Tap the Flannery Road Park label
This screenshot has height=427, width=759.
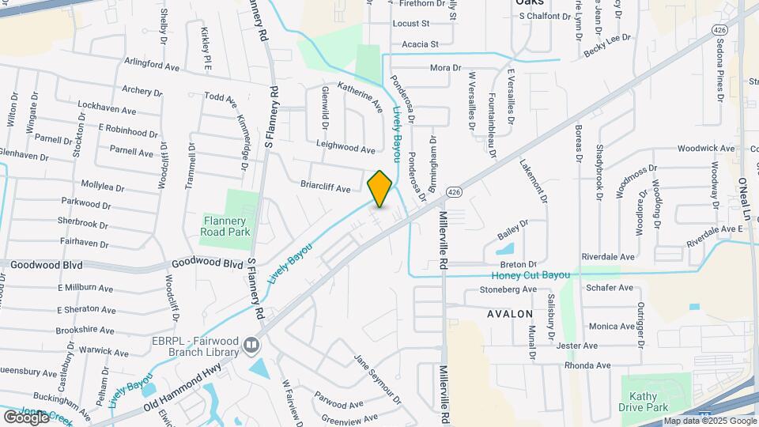click(226, 226)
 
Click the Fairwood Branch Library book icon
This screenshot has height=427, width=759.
click(251, 345)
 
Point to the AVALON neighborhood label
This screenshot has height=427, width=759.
click(510, 314)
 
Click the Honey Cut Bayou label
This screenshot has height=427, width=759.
click(531, 276)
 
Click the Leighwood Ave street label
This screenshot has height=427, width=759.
click(346, 149)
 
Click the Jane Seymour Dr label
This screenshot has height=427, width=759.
click(378, 380)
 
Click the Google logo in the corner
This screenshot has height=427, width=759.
click(26, 417)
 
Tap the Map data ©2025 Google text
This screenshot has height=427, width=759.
click(709, 421)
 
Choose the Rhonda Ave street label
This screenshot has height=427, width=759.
click(587, 366)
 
